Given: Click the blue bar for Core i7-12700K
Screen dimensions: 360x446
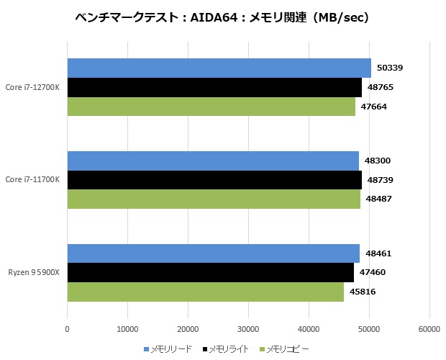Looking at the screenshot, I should click(x=219, y=68).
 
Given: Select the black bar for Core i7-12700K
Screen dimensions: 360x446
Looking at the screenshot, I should click(x=214, y=87).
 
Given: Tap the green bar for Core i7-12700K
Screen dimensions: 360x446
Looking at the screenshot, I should click(x=211, y=106).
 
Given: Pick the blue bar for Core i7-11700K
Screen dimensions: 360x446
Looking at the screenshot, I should click(x=213, y=161).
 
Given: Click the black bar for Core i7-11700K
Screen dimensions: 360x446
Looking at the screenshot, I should click(x=214, y=179).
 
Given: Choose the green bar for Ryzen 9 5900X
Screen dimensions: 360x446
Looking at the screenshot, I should click(x=205, y=292).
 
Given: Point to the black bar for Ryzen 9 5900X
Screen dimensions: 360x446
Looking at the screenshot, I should click(x=210, y=273).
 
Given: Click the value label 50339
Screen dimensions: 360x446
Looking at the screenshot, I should click(x=389, y=68).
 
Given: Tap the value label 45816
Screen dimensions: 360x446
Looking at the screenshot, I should click(x=362, y=292).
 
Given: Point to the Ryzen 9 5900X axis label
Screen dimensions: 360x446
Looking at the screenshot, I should click(x=34, y=273).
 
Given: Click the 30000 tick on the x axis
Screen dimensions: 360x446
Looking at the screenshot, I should click(x=248, y=329).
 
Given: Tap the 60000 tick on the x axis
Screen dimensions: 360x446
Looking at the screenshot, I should click(x=429, y=329).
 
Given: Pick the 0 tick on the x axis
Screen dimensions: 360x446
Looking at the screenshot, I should click(x=67, y=329).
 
